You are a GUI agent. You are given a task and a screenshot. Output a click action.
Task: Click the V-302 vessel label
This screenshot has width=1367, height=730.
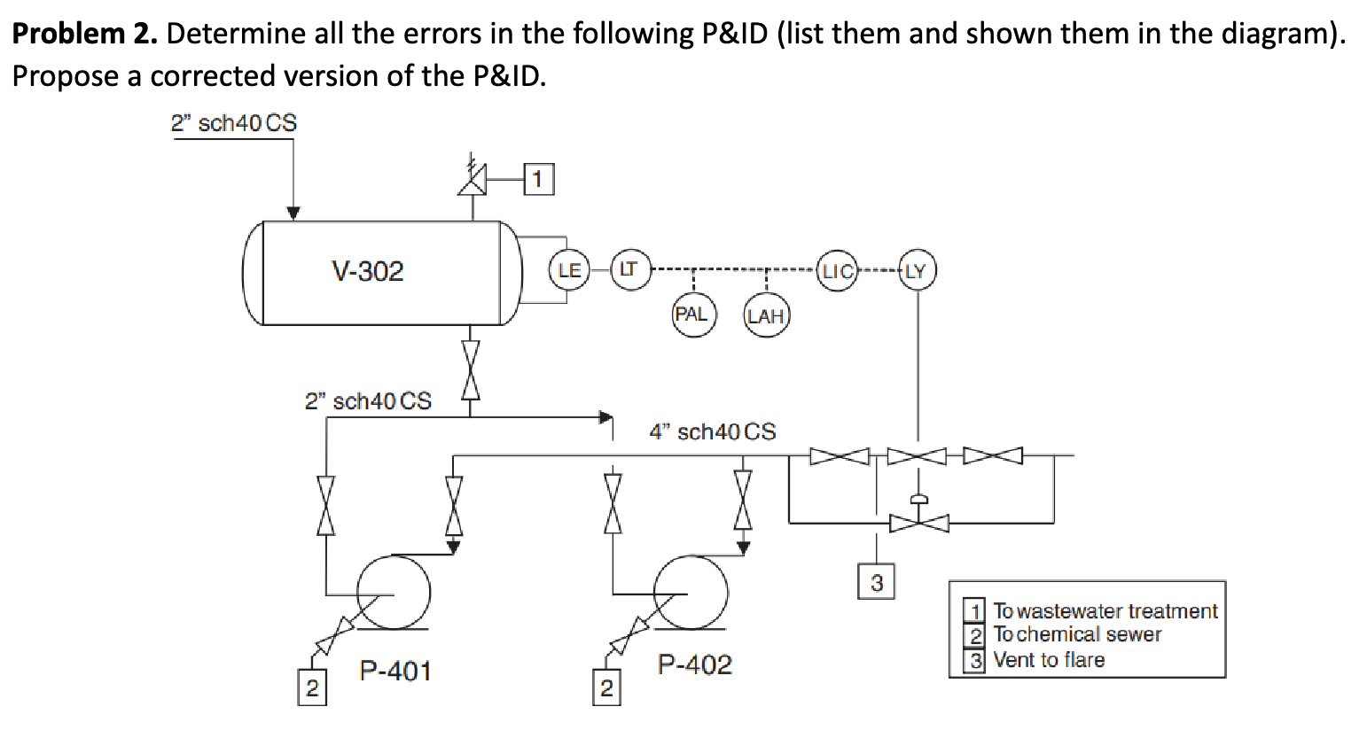pos(367,271)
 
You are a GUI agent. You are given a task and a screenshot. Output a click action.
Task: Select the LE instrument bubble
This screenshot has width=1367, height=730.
pos(569,270)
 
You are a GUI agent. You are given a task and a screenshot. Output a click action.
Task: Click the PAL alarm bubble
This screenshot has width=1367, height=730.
pos(692,315)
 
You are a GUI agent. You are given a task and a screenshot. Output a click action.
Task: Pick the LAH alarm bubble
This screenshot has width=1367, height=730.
pos(766,316)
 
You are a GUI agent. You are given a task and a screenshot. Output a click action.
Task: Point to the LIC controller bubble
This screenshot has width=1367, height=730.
pos(836,270)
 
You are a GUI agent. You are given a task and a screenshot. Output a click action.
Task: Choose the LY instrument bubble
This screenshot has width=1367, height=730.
pos(917,270)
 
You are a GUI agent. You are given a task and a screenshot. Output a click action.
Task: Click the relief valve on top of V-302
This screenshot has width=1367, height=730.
pos(473,181)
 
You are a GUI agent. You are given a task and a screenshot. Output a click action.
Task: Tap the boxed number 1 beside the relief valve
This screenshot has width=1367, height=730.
pos(540,180)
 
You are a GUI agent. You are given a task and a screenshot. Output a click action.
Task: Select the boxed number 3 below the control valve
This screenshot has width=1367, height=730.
pos(876,582)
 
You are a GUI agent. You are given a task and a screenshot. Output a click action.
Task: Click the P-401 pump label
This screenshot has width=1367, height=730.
pos(395,671)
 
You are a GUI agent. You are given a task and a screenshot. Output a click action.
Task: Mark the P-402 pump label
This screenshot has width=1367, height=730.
pos(695,664)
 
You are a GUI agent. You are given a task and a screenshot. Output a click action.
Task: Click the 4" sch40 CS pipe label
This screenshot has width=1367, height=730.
pos(712,431)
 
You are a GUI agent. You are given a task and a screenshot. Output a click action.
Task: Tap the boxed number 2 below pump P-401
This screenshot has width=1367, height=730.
pos(311,688)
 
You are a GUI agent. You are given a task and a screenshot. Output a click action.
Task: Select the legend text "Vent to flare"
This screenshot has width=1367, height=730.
pos(1049,660)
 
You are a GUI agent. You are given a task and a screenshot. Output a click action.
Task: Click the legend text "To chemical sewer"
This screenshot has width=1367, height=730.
pos(1077,634)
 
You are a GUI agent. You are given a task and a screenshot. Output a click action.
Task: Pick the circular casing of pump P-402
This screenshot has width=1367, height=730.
pos(691,591)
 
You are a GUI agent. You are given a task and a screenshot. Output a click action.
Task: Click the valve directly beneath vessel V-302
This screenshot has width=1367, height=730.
pos(471,370)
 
